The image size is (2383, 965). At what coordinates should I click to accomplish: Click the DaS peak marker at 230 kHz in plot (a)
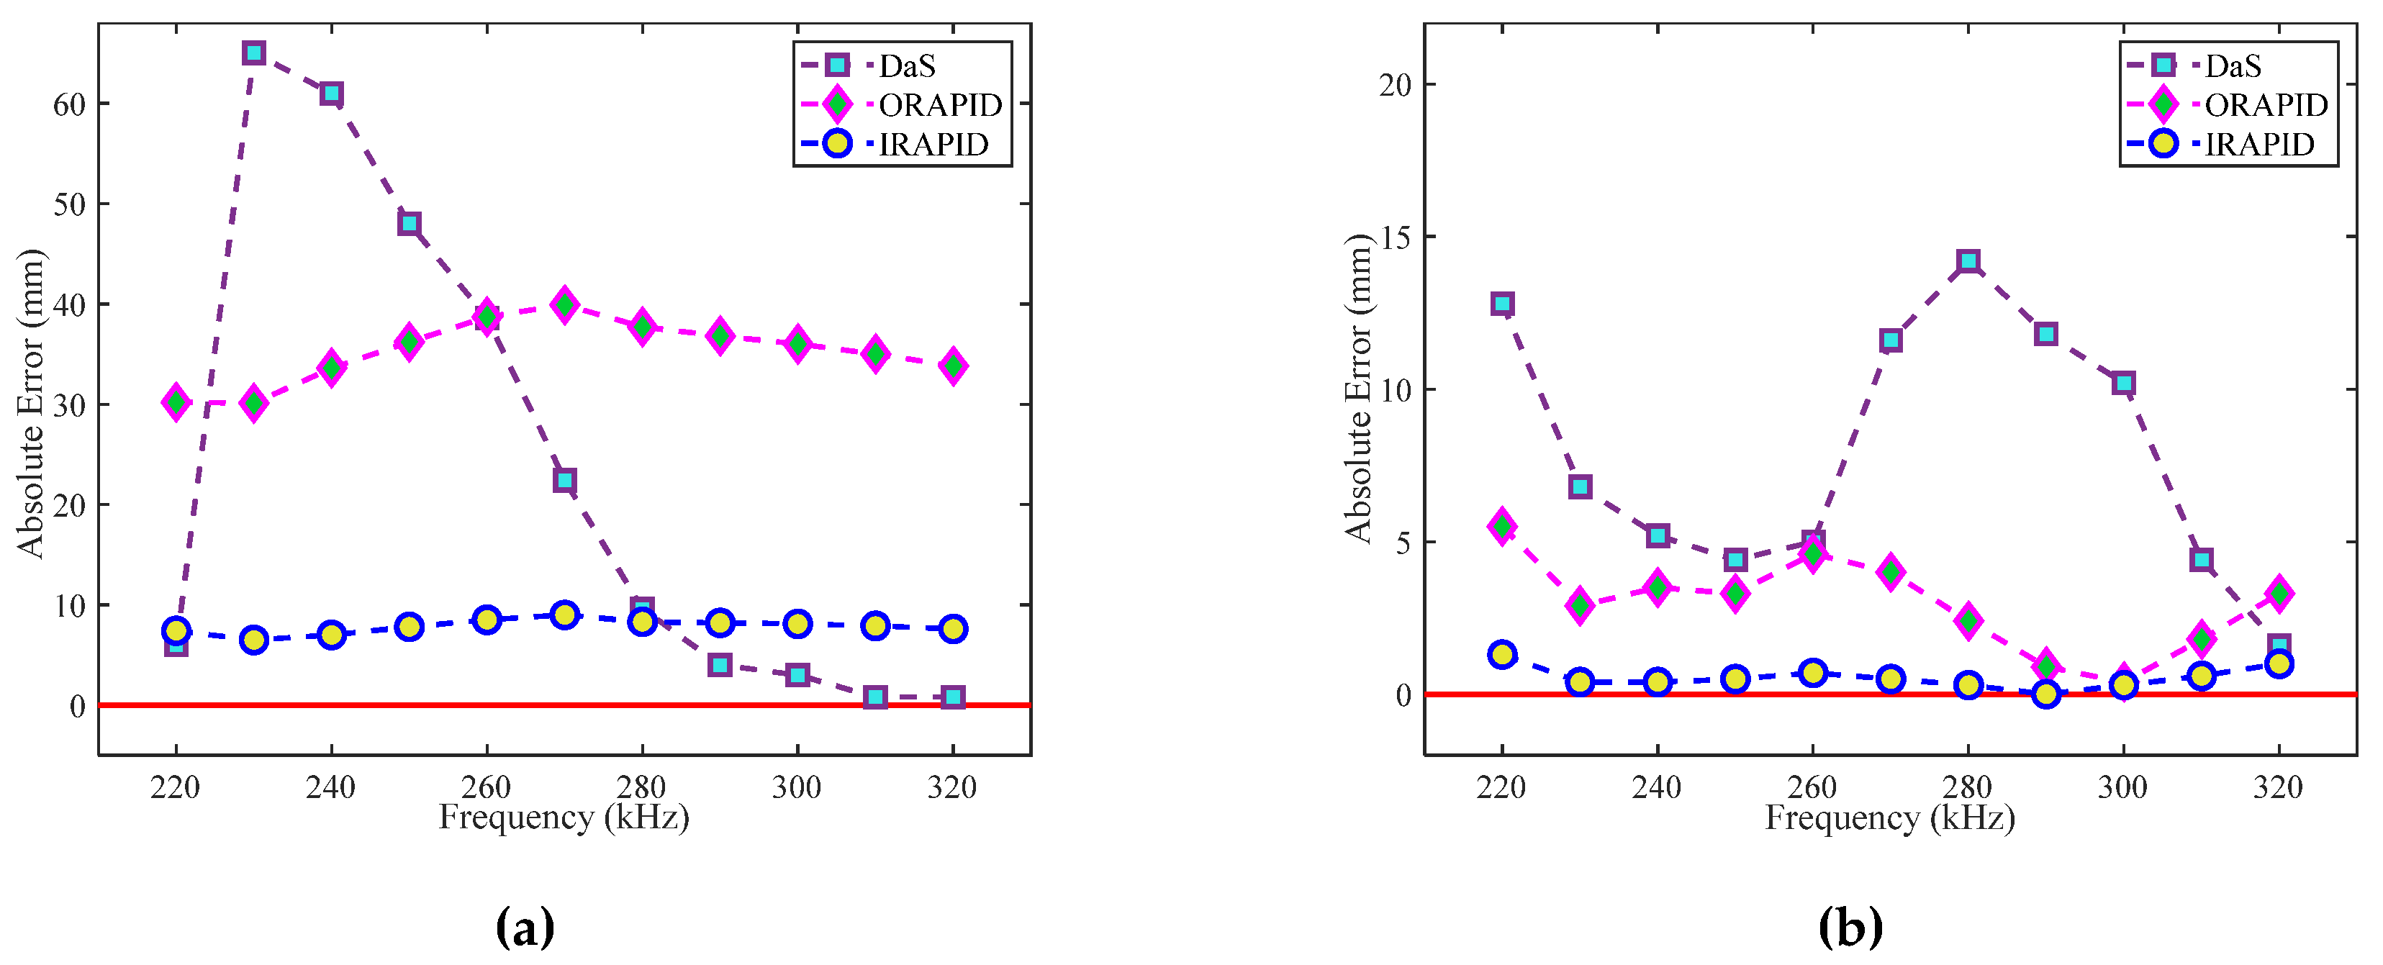click(x=253, y=53)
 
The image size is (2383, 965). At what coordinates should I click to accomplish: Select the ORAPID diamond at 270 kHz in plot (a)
click(x=564, y=304)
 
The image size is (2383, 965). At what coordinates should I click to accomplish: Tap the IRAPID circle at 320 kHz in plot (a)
click(x=953, y=629)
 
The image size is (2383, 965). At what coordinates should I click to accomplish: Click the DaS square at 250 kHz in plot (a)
click(x=409, y=223)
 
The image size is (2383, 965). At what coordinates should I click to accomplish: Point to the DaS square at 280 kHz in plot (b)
click(x=1968, y=261)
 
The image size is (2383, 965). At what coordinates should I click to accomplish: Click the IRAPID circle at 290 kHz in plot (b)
click(x=2046, y=694)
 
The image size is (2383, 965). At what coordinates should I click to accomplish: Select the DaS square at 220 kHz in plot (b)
click(x=1502, y=304)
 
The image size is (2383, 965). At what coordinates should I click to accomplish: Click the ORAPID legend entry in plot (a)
click(x=939, y=104)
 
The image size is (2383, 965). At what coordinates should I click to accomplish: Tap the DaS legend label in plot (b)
click(x=2233, y=65)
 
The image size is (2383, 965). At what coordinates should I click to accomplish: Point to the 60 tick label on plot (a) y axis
click(x=69, y=104)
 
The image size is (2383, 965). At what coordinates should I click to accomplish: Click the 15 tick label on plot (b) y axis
click(x=1395, y=237)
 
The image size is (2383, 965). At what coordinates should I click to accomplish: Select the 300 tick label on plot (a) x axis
click(x=797, y=787)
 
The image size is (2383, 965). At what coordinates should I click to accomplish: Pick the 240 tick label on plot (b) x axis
click(x=1657, y=787)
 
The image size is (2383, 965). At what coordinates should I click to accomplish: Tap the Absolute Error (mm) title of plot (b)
click(x=1358, y=389)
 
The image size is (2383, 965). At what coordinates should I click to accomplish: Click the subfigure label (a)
click(x=525, y=927)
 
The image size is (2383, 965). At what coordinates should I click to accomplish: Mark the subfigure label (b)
click(x=1850, y=927)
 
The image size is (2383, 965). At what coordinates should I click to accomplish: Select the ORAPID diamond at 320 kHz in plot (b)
click(x=2279, y=593)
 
